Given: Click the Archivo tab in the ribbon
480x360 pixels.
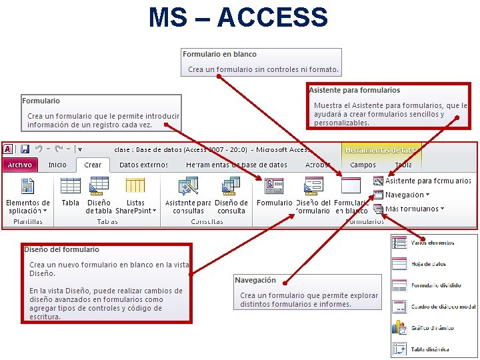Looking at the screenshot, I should coord(20,165).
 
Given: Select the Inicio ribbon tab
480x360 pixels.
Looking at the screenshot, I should coord(57,165).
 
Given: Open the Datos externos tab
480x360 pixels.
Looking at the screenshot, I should coord(143,165).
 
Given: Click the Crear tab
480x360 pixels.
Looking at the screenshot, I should coord(93,165).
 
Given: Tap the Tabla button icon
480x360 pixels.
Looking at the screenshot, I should coord(70,186).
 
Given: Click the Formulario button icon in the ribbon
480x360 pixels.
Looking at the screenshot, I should coord(274,186).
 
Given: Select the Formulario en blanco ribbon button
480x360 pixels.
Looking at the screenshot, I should coord(351,187).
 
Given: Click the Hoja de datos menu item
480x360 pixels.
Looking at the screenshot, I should coord(429,264).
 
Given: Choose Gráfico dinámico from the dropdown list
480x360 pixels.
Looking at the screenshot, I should coord(432,327).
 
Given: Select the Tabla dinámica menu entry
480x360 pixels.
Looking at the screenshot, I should coord(429,349).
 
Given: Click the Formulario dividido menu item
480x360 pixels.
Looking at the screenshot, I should coord(435,285).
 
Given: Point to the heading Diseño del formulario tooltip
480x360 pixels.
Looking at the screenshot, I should coord(61,249).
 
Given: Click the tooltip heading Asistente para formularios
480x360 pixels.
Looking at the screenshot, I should coord(355,90).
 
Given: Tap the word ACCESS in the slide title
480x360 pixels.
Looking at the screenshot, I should coord(273,17).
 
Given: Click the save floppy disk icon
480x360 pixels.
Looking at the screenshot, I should coord(25,149).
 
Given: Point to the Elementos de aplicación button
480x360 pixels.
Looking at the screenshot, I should coord(27,193).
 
